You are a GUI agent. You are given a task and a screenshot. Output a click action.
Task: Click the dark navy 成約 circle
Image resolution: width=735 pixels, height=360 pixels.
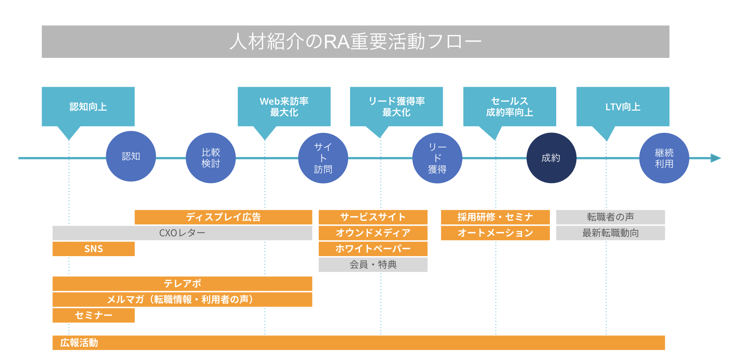pyautogui.click(x=551, y=158)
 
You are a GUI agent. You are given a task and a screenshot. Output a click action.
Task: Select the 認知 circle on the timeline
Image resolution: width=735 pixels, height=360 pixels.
pyautogui.click(x=131, y=156)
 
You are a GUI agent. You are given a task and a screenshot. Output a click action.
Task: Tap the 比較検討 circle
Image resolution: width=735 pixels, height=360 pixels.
pyautogui.click(x=211, y=158)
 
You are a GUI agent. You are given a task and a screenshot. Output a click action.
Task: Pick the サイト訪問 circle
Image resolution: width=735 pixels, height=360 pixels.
pyautogui.click(x=323, y=158)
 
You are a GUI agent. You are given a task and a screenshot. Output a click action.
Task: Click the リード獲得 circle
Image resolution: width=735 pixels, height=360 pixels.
pyautogui.click(x=437, y=158)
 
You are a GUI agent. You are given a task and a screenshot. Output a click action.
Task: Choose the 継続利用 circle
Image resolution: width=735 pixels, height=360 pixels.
pyautogui.click(x=664, y=158)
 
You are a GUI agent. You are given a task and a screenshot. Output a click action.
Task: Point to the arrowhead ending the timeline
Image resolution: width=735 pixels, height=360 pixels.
pyautogui.click(x=716, y=158)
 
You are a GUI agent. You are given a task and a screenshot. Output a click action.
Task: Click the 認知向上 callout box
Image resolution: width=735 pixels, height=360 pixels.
pyautogui.click(x=88, y=107)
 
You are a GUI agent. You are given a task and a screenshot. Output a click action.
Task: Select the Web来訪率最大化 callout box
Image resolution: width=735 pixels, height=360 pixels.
pyautogui.click(x=284, y=107)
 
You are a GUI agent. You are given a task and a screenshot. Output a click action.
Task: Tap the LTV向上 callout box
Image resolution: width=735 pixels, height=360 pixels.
pyautogui.click(x=622, y=107)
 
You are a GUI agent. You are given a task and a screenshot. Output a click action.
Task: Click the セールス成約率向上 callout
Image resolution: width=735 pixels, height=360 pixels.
pyautogui.click(x=509, y=107)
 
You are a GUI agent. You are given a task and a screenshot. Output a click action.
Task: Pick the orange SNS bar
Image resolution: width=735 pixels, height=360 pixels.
pyautogui.click(x=94, y=249)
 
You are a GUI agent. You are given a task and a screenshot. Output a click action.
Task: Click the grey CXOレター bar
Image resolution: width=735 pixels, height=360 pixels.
pyautogui.click(x=182, y=233)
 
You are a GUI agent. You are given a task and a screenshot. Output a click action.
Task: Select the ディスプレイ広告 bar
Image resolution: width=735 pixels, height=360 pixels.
pyautogui.click(x=223, y=217)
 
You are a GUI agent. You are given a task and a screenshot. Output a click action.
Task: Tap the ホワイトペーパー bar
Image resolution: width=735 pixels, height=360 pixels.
pyautogui.click(x=373, y=249)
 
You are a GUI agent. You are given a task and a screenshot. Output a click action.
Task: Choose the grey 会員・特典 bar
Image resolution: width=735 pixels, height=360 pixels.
pyautogui.click(x=373, y=265)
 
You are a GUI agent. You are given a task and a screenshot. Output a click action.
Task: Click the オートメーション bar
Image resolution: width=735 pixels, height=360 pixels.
pyautogui.click(x=495, y=233)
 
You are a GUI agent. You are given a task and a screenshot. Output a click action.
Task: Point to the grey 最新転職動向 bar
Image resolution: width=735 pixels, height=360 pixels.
pyautogui.click(x=610, y=233)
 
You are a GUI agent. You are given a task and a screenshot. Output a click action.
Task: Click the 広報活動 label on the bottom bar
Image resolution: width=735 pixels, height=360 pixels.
pyautogui.click(x=79, y=343)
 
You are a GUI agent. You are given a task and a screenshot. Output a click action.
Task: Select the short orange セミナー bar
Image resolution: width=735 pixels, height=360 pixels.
pyautogui.click(x=94, y=316)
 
